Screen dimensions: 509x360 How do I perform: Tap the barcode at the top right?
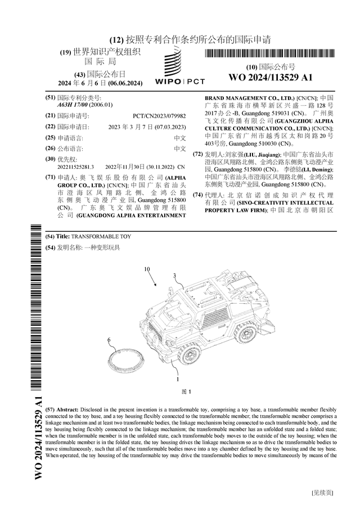(x=270, y=55)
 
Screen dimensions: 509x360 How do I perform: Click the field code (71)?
(x=50, y=177)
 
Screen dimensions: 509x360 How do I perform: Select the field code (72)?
(x=197, y=154)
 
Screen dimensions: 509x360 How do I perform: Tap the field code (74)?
(x=197, y=195)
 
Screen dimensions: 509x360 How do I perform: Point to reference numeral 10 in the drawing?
(x=147, y=269)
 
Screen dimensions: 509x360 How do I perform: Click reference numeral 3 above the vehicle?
(x=174, y=275)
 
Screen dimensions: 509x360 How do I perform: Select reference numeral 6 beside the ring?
(x=109, y=340)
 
